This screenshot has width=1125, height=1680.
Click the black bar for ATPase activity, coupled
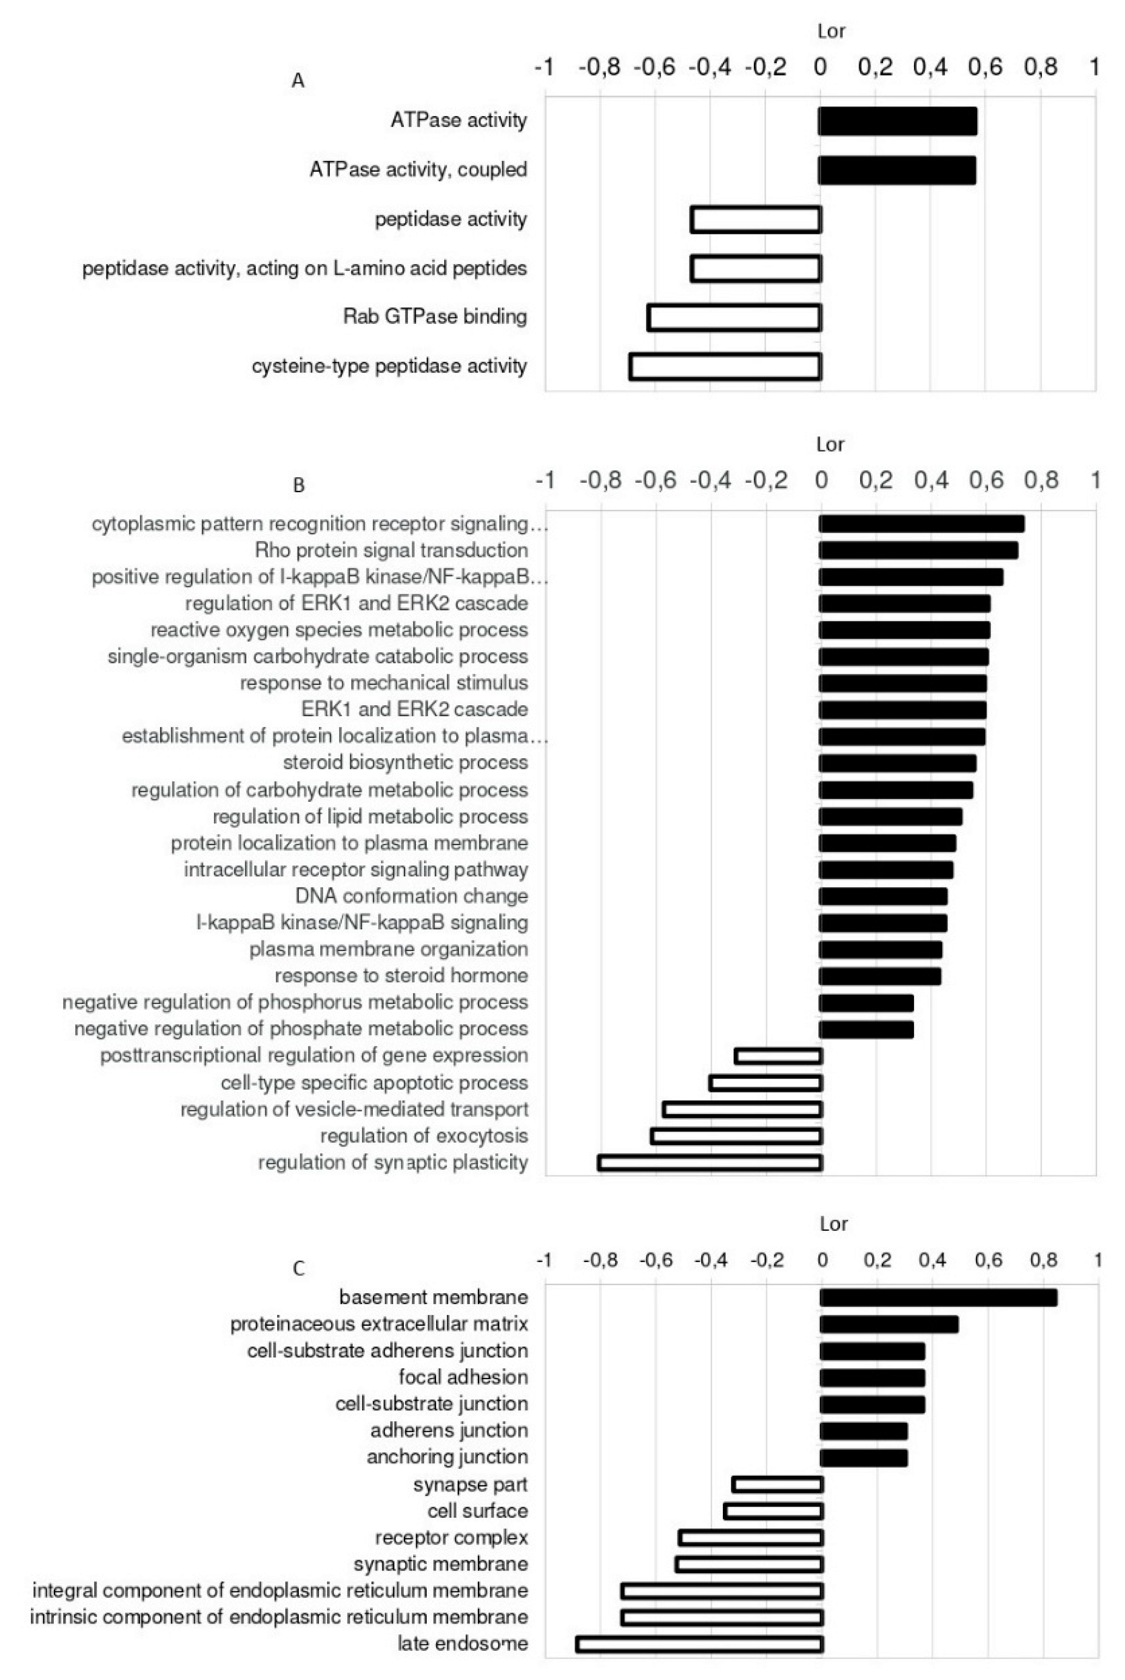(x=897, y=170)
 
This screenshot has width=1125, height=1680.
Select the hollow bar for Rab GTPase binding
(x=734, y=317)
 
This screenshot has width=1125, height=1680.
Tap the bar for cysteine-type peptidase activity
(x=725, y=366)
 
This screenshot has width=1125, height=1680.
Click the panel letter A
(x=298, y=81)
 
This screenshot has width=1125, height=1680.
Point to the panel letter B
(x=298, y=486)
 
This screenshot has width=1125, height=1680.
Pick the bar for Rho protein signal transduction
(x=918, y=551)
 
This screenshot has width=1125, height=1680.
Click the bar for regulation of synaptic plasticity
(x=710, y=1163)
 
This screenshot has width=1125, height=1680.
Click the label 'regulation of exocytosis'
(x=424, y=1136)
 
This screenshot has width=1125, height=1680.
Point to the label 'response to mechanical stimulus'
(x=384, y=682)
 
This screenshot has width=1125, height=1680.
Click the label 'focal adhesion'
(x=464, y=1377)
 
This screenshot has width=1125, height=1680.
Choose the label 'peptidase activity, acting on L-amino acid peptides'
(x=305, y=268)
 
